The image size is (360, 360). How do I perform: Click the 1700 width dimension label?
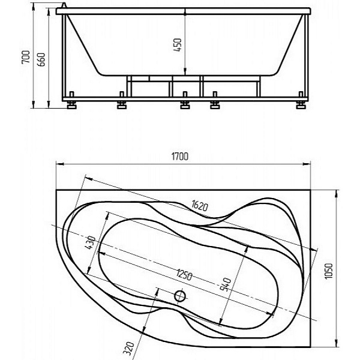[180, 157]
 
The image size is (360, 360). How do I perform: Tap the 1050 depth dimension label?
[329, 271]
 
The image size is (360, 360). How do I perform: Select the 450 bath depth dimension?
[178, 45]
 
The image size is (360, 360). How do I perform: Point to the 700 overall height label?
[26, 57]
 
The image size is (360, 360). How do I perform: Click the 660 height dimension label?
[41, 59]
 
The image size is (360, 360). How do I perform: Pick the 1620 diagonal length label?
[200, 205]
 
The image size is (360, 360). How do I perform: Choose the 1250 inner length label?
[184, 274]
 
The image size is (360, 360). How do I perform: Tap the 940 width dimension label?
[226, 284]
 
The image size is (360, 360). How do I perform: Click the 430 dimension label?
[90, 242]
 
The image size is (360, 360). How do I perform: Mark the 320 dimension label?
[128, 349]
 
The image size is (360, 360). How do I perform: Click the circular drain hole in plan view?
[180, 296]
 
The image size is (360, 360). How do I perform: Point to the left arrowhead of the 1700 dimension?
[59, 164]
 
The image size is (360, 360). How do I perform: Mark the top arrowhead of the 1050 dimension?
[337, 194]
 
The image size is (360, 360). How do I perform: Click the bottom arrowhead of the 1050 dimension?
[337, 343]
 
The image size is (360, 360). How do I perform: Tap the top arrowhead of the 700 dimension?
[34, 7]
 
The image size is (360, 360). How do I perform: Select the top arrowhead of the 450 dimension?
[185, 12]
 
